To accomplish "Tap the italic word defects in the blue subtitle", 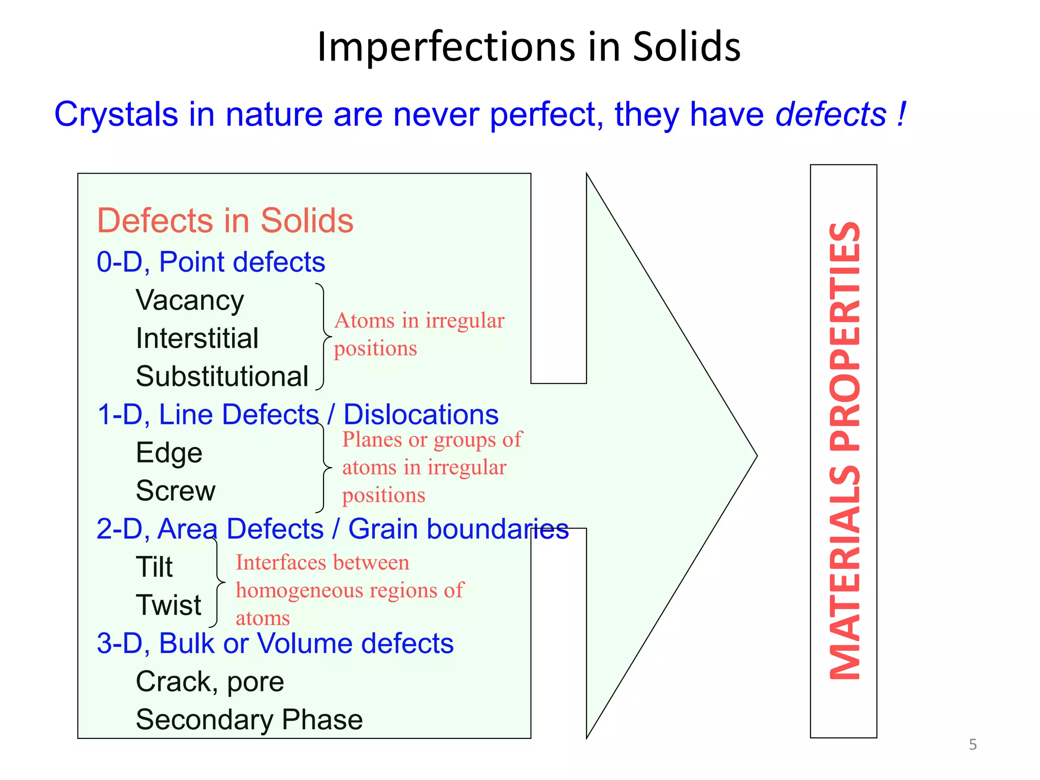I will click(x=831, y=114).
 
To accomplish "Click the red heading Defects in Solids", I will click(x=225, y=221).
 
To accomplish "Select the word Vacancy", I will click(x=190, y=300).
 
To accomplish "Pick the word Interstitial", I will click(x=197, y=338).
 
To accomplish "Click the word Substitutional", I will click(x=222, y=376).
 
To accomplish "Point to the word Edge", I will click(x=169, y=452).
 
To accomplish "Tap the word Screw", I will click(x=176, y=491).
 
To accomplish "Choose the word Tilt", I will click(x=154, y=567).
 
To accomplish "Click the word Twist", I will click(x=169, y=605).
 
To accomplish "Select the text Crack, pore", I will click(x=210, y=681).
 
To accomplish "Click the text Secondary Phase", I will click(x=249, y=720).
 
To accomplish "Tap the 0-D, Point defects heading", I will click(x=211, y=262).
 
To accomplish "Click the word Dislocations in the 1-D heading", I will click(x=421, y=414).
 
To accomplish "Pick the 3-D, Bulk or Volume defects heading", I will click(x=275, y=643).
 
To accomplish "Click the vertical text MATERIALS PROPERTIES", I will click(x=844, y=451).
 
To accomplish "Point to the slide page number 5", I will click(x=972, y=744).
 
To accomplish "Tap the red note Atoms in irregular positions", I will click(x=419, y=334).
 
